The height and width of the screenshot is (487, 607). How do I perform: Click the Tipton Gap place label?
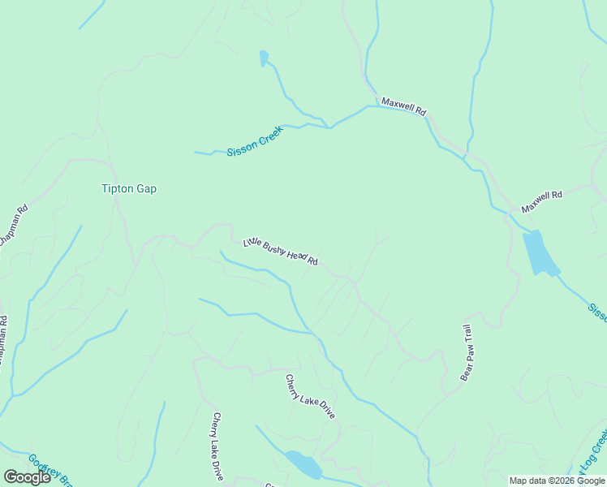point(128,189)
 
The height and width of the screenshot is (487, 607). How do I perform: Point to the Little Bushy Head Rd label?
point(280,251)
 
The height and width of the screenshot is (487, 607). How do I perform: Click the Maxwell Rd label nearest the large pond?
point(542,202)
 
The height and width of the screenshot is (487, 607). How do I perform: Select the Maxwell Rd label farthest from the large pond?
point(404,106)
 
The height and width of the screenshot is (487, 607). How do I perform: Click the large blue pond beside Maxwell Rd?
point(539,253)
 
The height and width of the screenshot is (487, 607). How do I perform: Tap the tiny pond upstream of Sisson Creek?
point(263,58)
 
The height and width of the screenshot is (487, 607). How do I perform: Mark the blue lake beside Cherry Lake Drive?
point(303,464)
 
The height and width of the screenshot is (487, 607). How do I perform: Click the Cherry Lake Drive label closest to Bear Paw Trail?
point(310,396)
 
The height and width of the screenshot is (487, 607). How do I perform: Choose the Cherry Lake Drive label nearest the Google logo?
point(217,446)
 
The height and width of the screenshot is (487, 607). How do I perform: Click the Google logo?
point(27,477)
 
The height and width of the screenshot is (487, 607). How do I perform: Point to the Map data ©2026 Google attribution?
point(557,481)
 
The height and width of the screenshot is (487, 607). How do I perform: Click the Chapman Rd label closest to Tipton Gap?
point(14,225)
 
